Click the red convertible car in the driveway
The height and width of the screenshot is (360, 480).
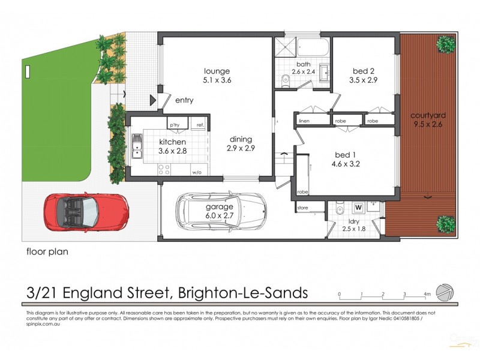[85, 213]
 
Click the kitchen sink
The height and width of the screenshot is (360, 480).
[137, 146]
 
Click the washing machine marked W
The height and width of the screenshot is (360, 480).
[359, 208]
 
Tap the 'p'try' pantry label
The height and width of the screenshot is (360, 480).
[175, 125]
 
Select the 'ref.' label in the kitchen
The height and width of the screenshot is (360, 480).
[200, 125]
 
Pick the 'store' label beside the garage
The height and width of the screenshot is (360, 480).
[303, 208]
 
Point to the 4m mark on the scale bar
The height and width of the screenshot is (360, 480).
[427, 295]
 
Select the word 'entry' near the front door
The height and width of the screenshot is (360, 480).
[184, 100]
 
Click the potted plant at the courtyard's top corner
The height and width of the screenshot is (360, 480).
[445, 43]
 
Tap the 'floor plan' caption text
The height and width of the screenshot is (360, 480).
[47, 252]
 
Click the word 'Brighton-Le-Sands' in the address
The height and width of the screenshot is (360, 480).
[243, 293]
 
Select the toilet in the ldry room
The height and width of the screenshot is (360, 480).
[339, 211]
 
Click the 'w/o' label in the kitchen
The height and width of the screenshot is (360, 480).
[196, 172]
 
